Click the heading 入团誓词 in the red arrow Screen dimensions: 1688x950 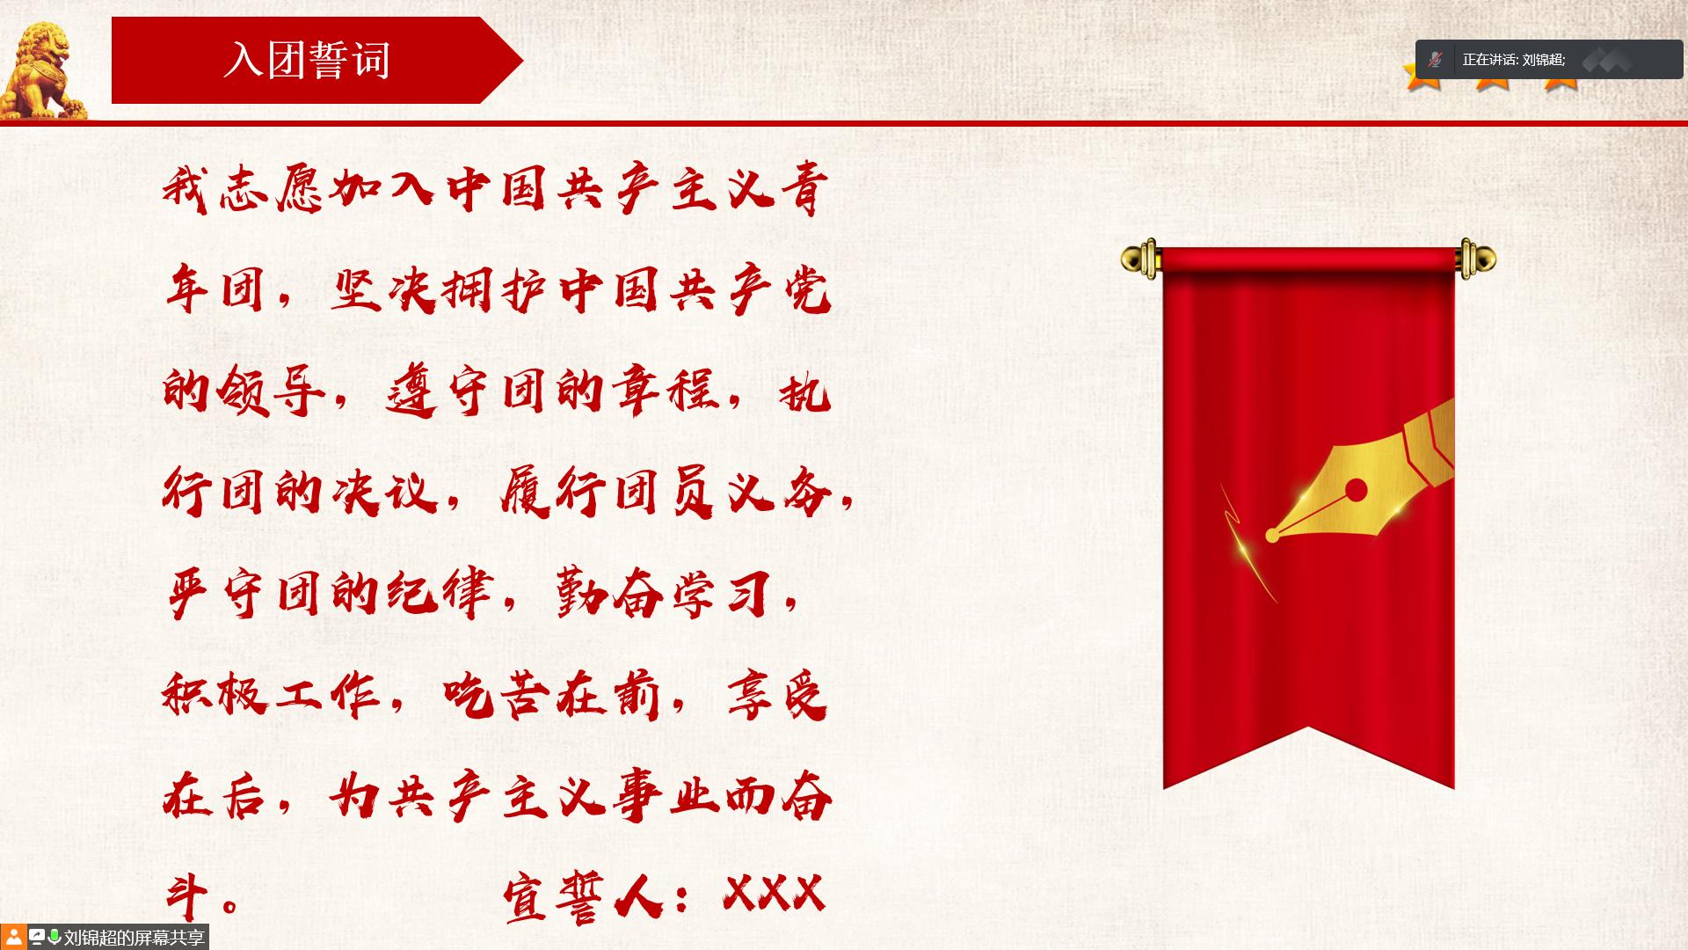pyautogui.click(x=307, y=61)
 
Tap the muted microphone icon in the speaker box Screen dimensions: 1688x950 pyautogui.click(x=1436, y=60)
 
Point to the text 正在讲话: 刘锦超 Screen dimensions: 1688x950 pyautogui.click(x=1514, y=60)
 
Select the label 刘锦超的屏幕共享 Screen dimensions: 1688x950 pyautogui.click(x=135, y=938)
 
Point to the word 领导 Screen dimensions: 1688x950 pyautogui.click(x=273, y=391)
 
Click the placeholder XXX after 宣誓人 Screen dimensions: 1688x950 pyautogui.click(x=774, y=894)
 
